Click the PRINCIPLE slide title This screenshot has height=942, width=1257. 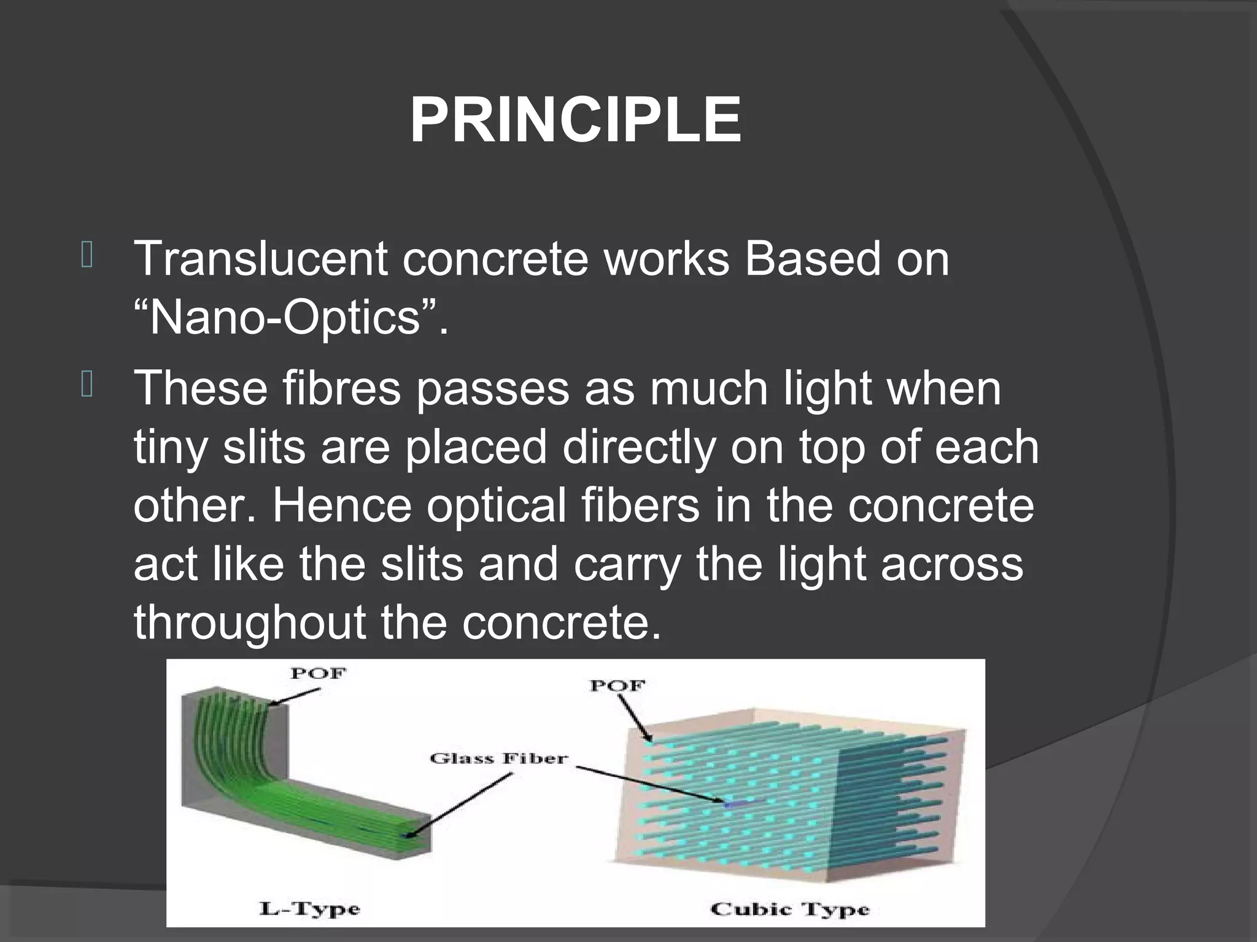(x=575, y=121)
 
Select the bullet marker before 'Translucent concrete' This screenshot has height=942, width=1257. (x=87, y=256)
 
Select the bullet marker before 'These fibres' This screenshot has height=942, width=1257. (x=87, y=386)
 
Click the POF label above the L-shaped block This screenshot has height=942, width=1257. (x=318, y=673)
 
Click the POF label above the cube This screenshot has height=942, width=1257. (x=616, y=685)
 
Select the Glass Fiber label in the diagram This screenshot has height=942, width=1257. (x=498, y=759)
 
